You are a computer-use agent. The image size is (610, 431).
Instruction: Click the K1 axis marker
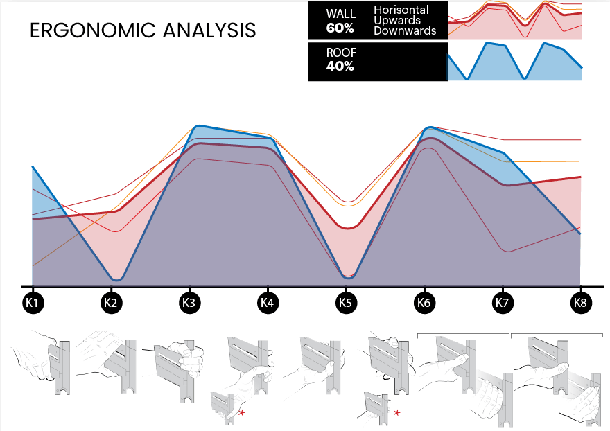tap(32, 302)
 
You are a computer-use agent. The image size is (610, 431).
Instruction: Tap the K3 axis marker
tap(189, 302)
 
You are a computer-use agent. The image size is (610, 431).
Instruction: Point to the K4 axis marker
tap(267, 302)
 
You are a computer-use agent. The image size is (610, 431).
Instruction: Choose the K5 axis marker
tap(345, 302)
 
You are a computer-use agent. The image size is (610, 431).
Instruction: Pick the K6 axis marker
tap(424, 302)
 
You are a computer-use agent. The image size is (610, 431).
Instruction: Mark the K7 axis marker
tap(502, 302)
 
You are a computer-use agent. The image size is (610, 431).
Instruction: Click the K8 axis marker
tap(580, 302)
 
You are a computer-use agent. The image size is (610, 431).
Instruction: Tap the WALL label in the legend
tap(340, 15)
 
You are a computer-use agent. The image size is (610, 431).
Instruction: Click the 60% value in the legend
tap(340, 28)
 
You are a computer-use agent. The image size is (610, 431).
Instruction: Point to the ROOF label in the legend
tap(340, 53)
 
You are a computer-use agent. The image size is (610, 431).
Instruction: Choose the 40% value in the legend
tap(340, 67)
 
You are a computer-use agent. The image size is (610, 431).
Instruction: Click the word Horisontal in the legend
tap(401, 10)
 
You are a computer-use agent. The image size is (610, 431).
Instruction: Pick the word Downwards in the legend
tap(405, 30)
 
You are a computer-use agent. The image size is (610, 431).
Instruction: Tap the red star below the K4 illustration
tap(241, 413)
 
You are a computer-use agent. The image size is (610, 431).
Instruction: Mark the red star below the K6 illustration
tap(397, 413)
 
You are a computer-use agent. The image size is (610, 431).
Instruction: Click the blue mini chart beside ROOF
tap(514, 62)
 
